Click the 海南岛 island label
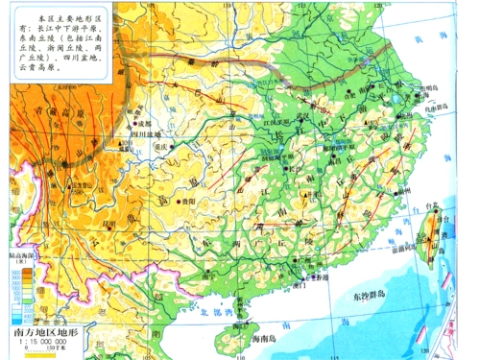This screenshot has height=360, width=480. point(257,341)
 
